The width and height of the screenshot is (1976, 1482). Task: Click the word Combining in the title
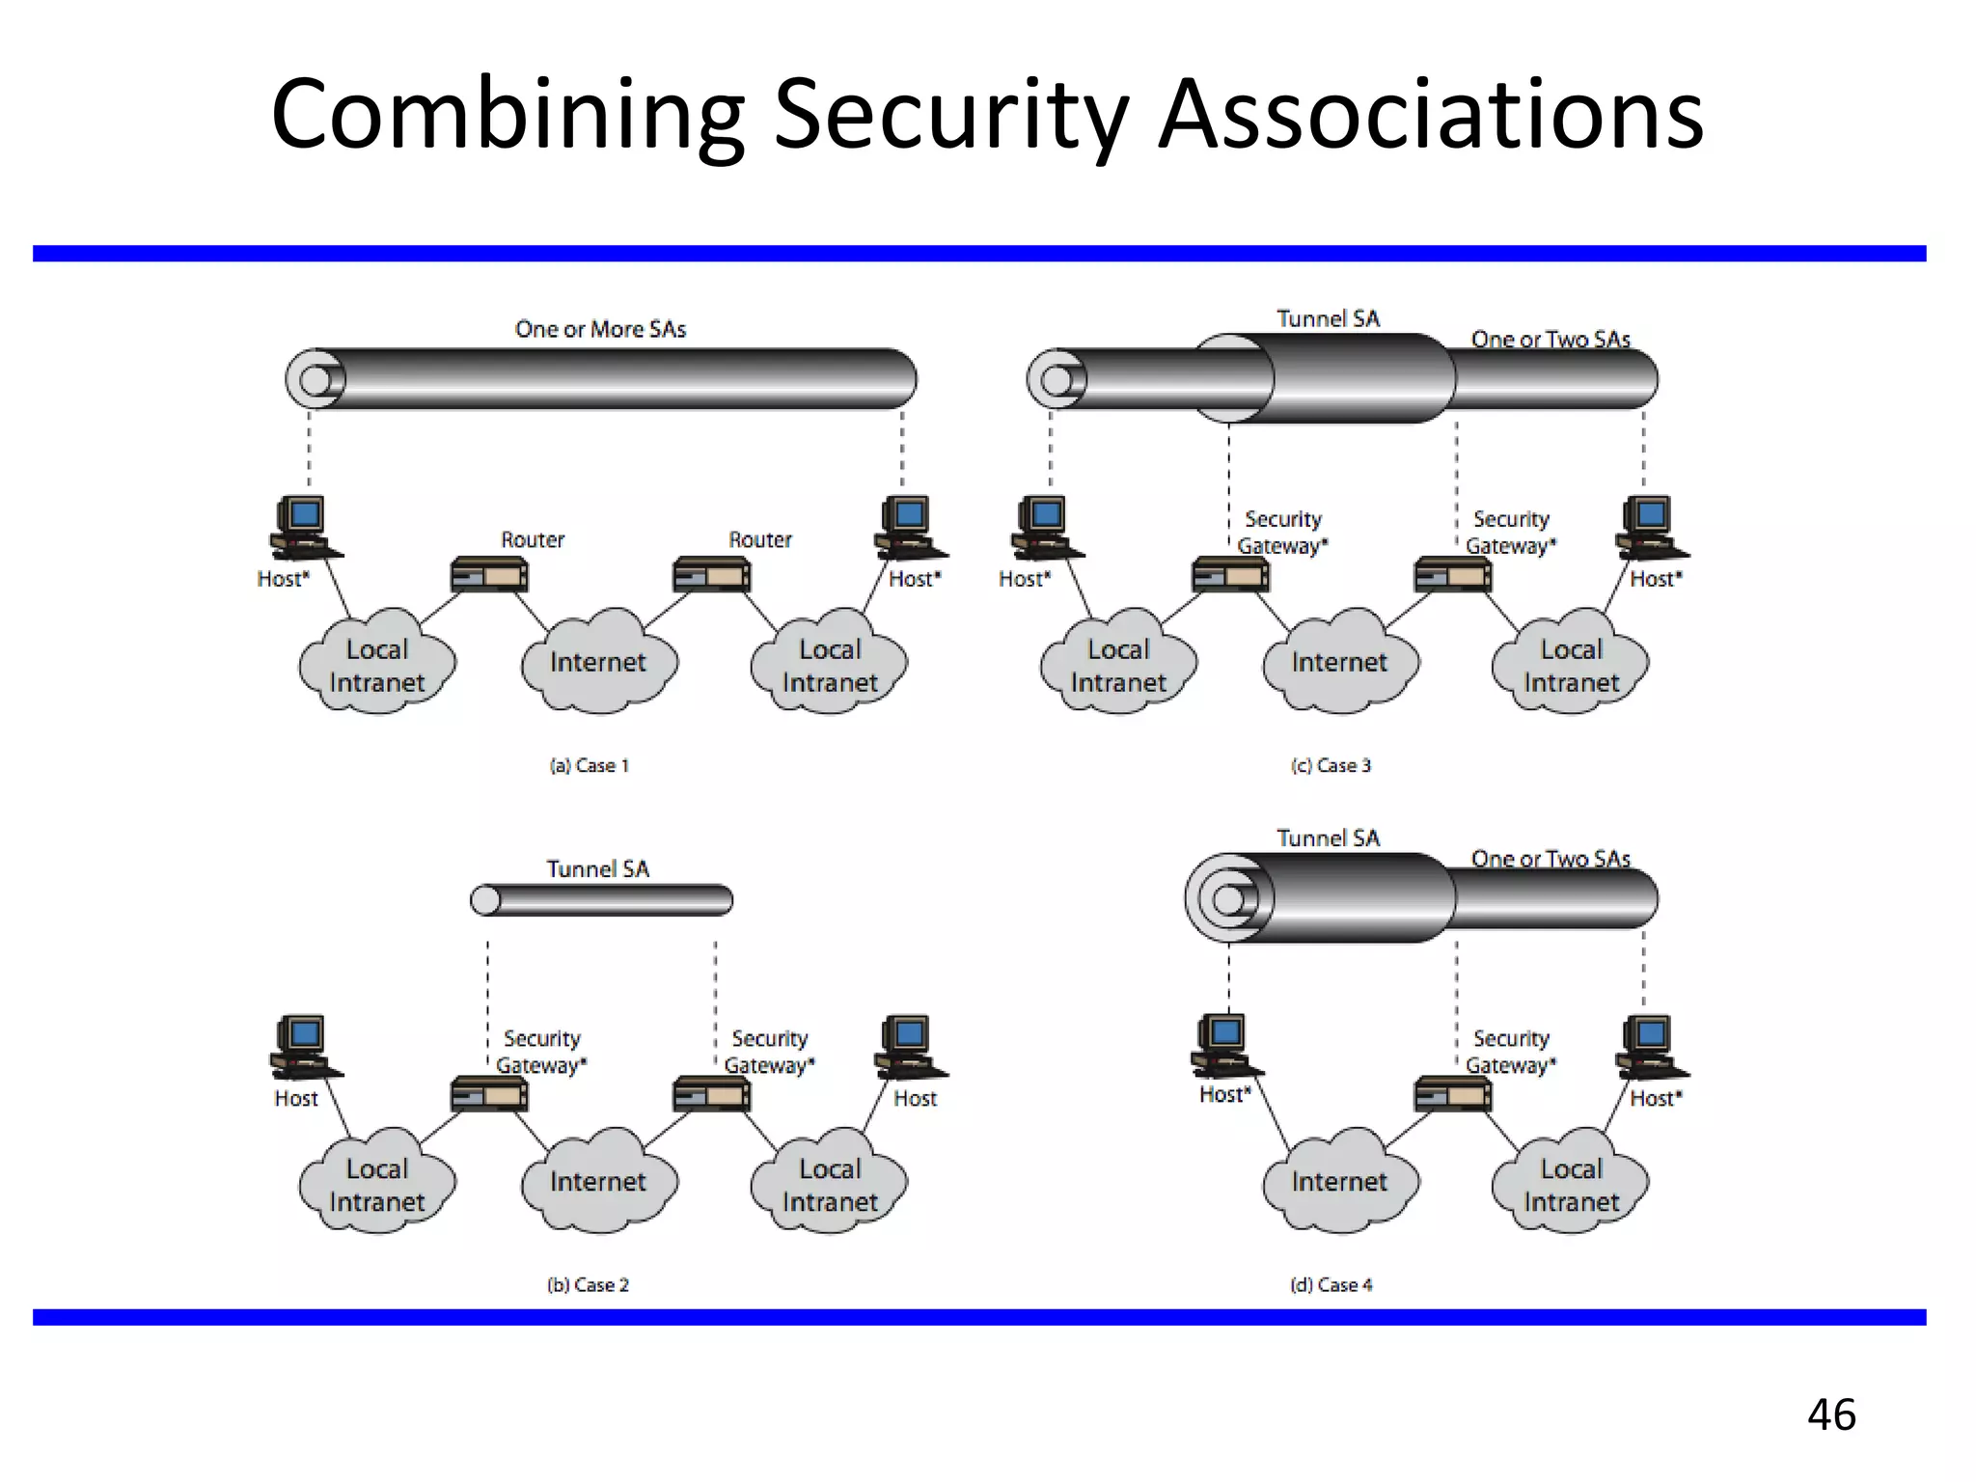[508, 116]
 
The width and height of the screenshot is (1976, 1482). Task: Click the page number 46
[1831, 1414]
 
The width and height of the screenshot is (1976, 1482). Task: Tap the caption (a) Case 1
[589, 765]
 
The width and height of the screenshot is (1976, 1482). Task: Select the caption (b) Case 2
[588, 1284]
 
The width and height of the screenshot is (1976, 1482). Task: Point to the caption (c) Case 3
[1331, 765]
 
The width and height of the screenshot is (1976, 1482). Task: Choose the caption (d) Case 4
[1331, 1284]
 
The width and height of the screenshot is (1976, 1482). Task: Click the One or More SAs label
[600, 329]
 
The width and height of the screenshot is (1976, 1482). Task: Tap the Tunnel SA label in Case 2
[598, 868]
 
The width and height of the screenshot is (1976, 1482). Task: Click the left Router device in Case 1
[489, 576]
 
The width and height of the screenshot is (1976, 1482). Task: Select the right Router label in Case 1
[760, 539]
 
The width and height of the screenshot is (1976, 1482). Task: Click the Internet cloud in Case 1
[598, 662]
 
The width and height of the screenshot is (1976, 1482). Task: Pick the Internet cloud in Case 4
[1339, 1181]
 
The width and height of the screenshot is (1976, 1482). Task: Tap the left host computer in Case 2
[303, 1047]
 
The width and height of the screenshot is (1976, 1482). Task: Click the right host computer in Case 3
[1651, 528]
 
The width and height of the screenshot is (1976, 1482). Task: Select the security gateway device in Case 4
[1452, 1095]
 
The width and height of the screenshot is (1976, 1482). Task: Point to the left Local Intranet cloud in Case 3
[1118, 665]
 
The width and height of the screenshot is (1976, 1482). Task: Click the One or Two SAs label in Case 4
[1551, 858]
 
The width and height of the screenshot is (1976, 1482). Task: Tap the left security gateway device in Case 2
[489, 1095]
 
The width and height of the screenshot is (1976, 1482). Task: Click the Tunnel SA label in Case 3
[1328, 318]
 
